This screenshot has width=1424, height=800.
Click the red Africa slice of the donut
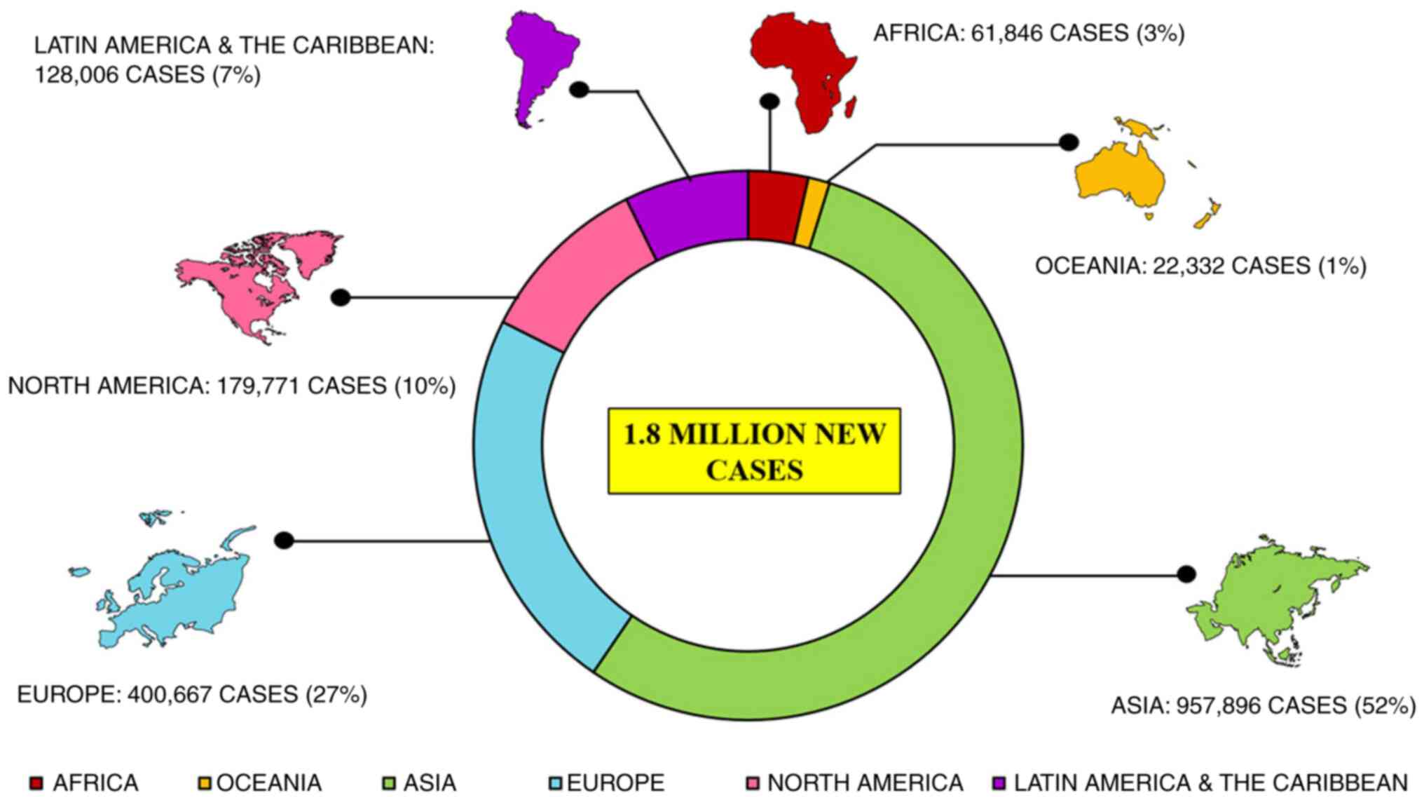point(776,207)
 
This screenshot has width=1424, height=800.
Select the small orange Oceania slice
point(812,213)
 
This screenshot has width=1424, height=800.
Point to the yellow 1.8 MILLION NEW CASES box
point(754,451)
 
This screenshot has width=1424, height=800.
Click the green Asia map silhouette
point(1275,596)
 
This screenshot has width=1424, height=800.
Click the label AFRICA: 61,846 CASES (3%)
point(1028,33)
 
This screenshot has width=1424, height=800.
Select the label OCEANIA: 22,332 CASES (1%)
point(1200,266)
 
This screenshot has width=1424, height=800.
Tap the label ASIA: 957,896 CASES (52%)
point(1263,705)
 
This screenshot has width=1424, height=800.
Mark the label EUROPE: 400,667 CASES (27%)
point(191,695)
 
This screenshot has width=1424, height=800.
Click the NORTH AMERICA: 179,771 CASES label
point(231,386)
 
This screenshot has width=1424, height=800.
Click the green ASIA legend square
point(389,782)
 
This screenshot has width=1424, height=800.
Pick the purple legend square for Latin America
point(1000,782)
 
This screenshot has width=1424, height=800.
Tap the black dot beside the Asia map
point(1186,574)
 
